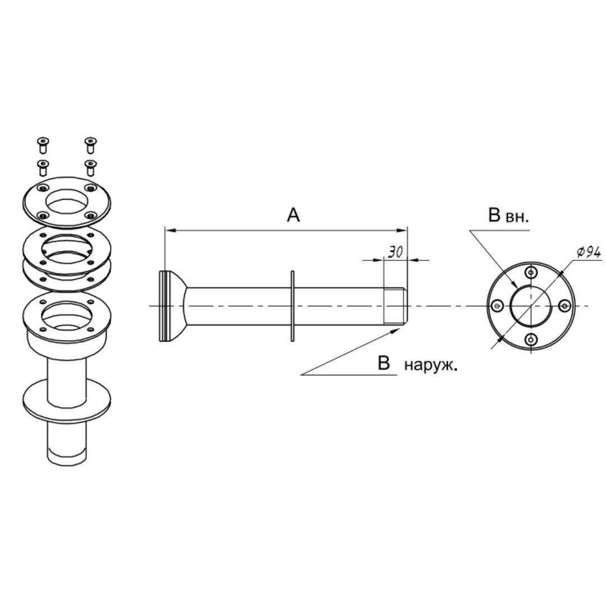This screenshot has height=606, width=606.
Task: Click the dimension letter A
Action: (x=293, y=215)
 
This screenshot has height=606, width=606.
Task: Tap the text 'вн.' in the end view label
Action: (x=517, y=217)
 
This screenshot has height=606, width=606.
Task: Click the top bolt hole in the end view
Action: (x=531, y=273)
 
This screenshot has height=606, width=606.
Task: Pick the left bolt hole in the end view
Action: (x=497, y=305)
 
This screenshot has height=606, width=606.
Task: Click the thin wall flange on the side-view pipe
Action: (x=292, y=306)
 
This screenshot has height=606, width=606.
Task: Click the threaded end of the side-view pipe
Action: (x=395, y=306)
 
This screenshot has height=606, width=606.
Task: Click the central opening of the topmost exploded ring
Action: (x=67, y=201)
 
